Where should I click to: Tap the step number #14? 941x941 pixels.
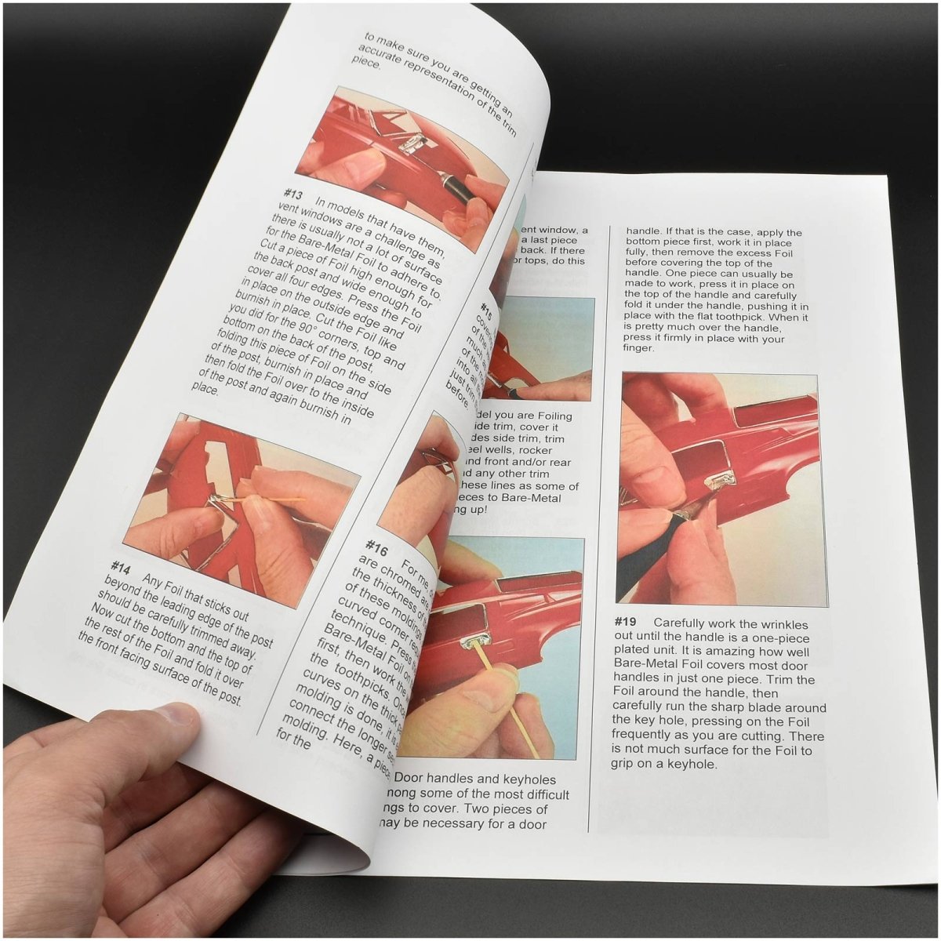coord(120,566)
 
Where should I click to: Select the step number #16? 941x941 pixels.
coord(376,546)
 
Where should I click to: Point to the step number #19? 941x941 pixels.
coord(628,622)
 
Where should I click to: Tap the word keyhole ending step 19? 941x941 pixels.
coord(690,764)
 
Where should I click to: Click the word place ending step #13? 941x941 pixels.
coord(205,387)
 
